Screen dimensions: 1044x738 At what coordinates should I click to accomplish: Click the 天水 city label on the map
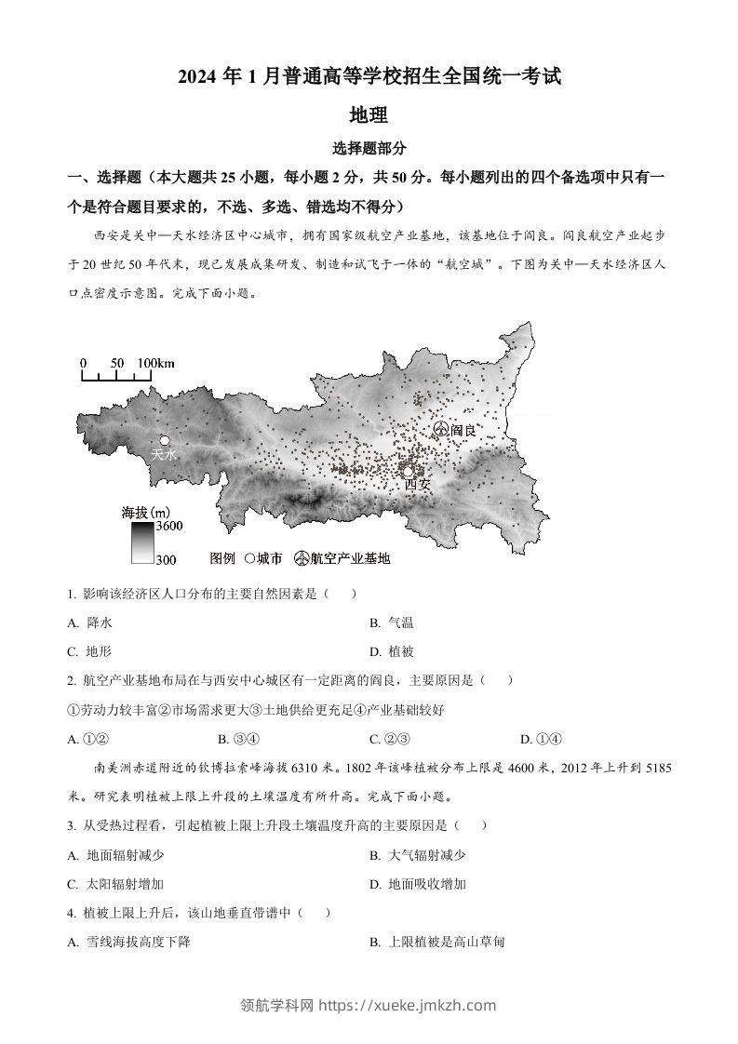(164, 455)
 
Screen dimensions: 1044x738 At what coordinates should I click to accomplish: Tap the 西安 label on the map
(418, 485)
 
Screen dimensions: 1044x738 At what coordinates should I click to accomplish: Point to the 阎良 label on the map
(463, 430)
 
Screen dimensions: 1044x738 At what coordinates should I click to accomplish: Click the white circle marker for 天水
(164, 440)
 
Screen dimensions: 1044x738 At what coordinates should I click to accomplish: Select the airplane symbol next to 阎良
(440, 429)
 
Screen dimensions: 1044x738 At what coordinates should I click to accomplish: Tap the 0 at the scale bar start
(83, 363)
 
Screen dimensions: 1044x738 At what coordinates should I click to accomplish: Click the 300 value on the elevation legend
(167, 558)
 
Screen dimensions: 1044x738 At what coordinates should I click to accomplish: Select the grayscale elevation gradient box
(141, 542)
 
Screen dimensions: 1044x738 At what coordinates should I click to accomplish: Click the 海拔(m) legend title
(145, 511)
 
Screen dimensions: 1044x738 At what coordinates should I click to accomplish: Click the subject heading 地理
(368, 115)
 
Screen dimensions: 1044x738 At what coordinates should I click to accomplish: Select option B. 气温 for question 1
(392, 622)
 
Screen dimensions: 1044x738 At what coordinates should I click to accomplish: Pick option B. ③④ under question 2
(236, 739)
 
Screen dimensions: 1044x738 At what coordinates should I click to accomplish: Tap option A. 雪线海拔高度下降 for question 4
(129, 942)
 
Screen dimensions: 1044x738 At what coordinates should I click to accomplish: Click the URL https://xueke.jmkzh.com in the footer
(408, 1005)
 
